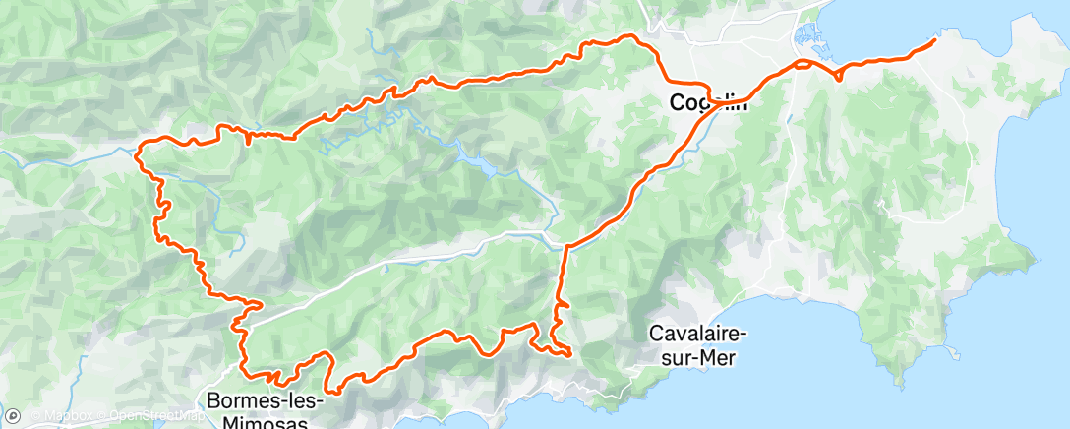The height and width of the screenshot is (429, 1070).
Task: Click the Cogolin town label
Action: (707, 101)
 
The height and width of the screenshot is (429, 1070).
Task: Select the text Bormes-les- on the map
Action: (257, 400)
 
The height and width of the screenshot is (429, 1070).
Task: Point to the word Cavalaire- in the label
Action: (699, 334)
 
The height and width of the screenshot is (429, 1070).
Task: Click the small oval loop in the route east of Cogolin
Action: (803, 65)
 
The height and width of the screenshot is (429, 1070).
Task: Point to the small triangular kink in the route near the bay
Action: (838, 73)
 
